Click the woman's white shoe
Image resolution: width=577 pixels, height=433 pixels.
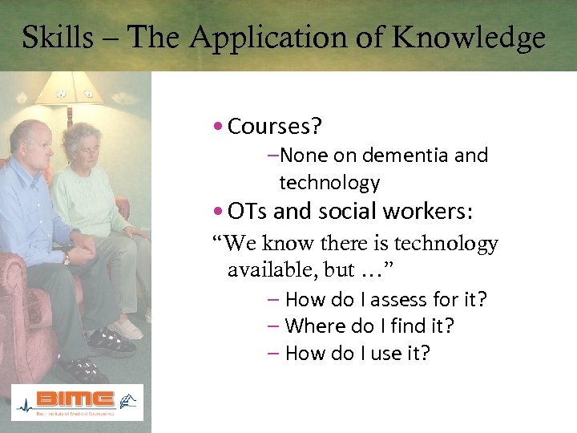[x=127, y=330]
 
